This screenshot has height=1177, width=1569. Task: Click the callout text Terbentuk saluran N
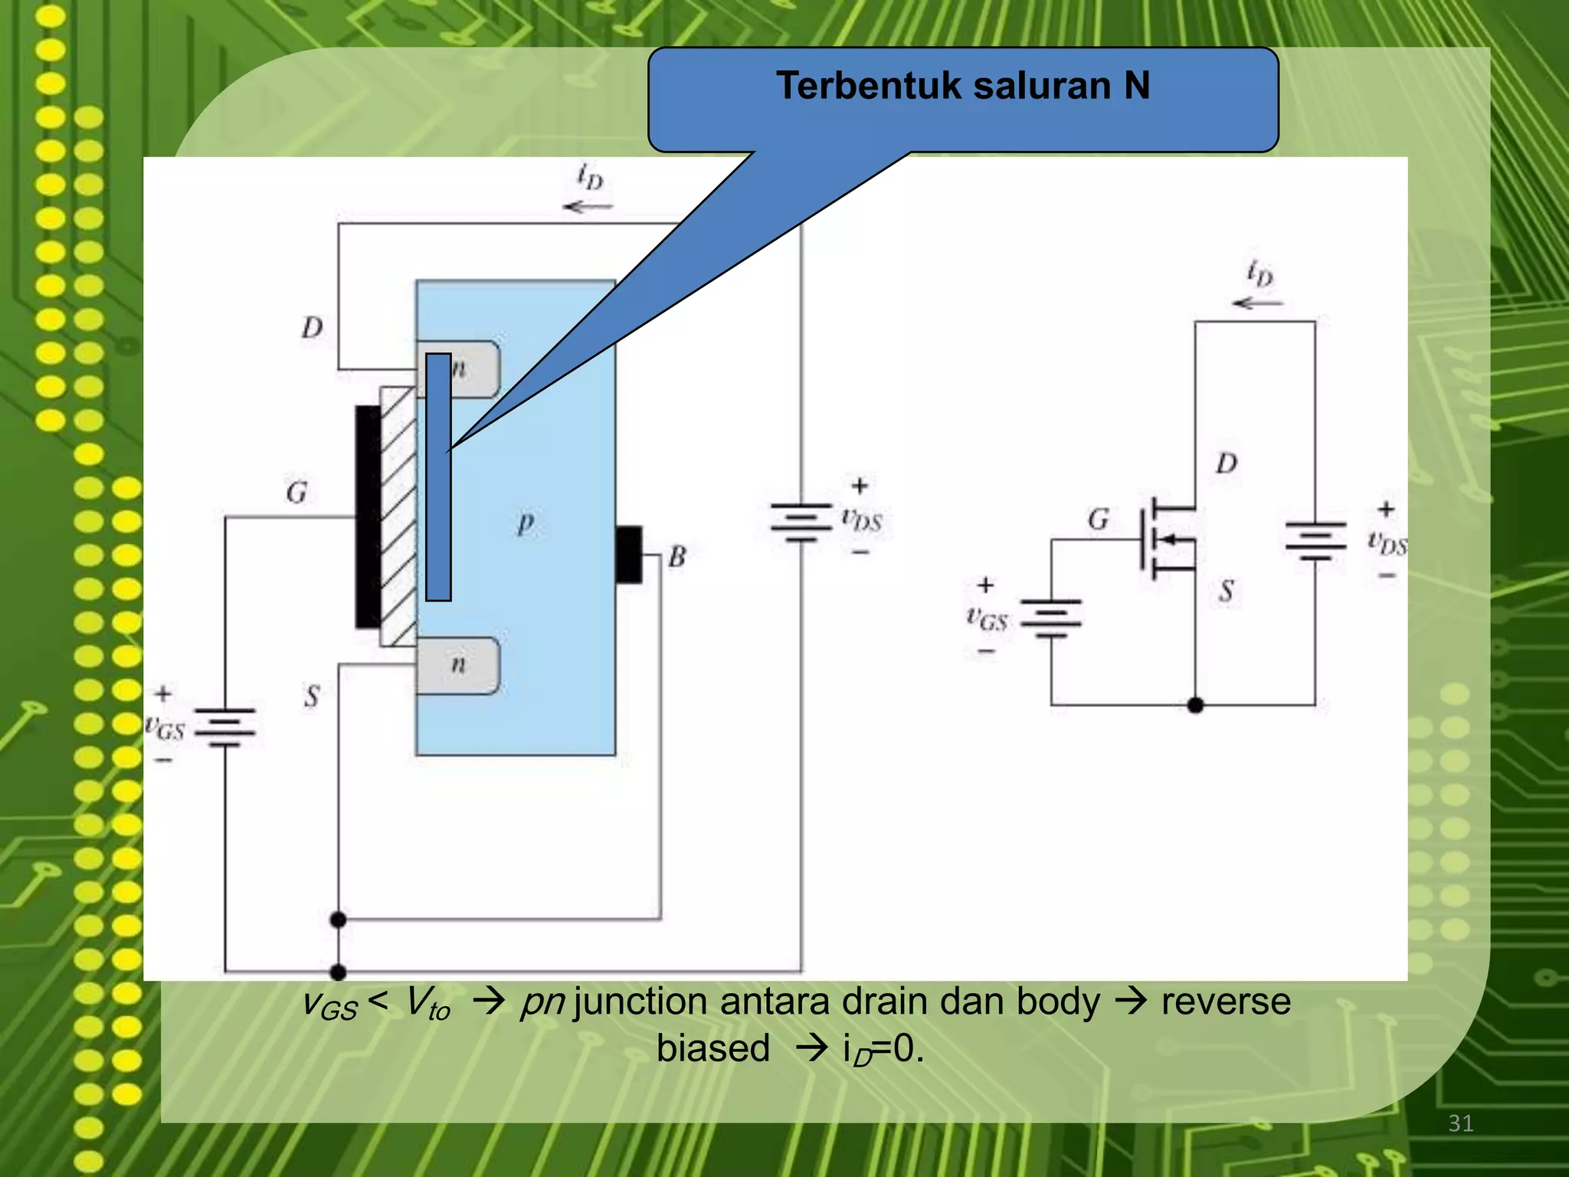pos(962,86)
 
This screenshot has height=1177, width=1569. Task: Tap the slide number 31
pos(1460,1123)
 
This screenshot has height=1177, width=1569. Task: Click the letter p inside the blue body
pos(525,524)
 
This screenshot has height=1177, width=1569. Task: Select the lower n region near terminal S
pos(458,665)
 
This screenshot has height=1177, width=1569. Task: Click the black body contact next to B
pos(629,555)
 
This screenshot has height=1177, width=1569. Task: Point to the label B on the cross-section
pos(676,557)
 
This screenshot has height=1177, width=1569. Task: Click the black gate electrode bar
pos(368,517)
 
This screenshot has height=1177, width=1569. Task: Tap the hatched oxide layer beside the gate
pos(398,517)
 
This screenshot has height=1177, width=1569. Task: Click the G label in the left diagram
pos(296,492)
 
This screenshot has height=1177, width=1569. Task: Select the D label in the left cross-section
pos(312,328)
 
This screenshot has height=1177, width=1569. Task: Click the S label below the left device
pos(311,697)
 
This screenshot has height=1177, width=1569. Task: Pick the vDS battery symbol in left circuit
pos(801,522)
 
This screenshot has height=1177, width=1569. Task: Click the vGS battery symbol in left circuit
pos(224,727)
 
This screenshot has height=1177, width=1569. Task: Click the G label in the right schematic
pos(1098,520)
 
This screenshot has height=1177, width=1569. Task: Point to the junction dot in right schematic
pos(1195,705)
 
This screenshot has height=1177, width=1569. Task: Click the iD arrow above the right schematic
pos(1256,303)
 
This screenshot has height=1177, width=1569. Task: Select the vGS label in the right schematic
pos(987,618)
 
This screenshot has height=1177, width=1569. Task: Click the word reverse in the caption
pos(1226,1002)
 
